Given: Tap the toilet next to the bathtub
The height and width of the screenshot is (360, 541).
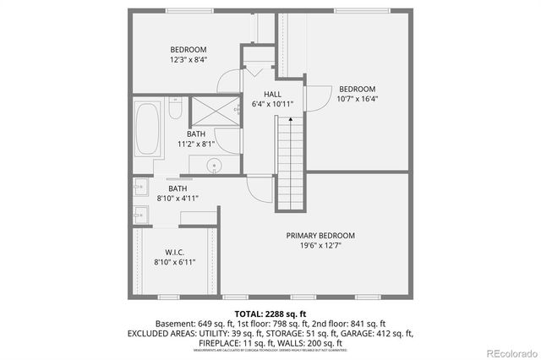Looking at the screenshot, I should (173, 110).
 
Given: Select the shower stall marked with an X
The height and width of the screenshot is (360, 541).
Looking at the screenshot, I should (202, 112).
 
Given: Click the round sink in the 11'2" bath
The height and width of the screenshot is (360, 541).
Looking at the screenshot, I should (215, 166).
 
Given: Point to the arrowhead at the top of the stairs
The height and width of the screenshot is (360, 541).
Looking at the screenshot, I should (290, 121).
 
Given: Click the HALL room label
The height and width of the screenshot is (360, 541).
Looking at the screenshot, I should (272, 94).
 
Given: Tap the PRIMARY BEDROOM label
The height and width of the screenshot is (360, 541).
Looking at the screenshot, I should (320, 235).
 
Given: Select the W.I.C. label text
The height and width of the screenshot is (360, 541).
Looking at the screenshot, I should (175, 252).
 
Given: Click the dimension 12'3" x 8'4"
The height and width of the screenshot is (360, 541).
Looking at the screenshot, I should (189, 60).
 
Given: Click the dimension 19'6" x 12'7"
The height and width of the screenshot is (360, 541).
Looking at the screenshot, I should (320, 246).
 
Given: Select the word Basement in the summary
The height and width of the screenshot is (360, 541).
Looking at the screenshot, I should (175, 324).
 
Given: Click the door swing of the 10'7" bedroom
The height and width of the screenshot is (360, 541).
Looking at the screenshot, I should (318, 97).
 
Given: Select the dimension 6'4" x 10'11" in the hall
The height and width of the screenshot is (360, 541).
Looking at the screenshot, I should (272, 104).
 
